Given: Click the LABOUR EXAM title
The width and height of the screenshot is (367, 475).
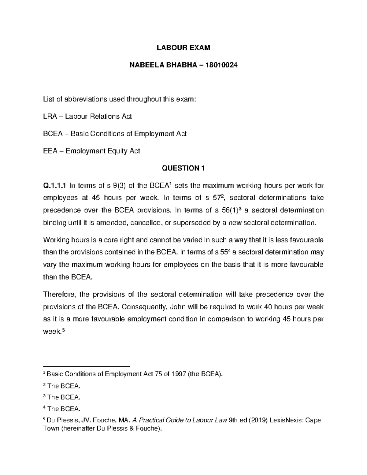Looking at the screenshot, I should point(183,48).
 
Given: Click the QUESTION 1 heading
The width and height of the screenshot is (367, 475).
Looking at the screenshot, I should point(183,168).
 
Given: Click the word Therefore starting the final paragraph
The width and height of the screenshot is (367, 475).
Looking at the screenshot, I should point(59,295).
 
